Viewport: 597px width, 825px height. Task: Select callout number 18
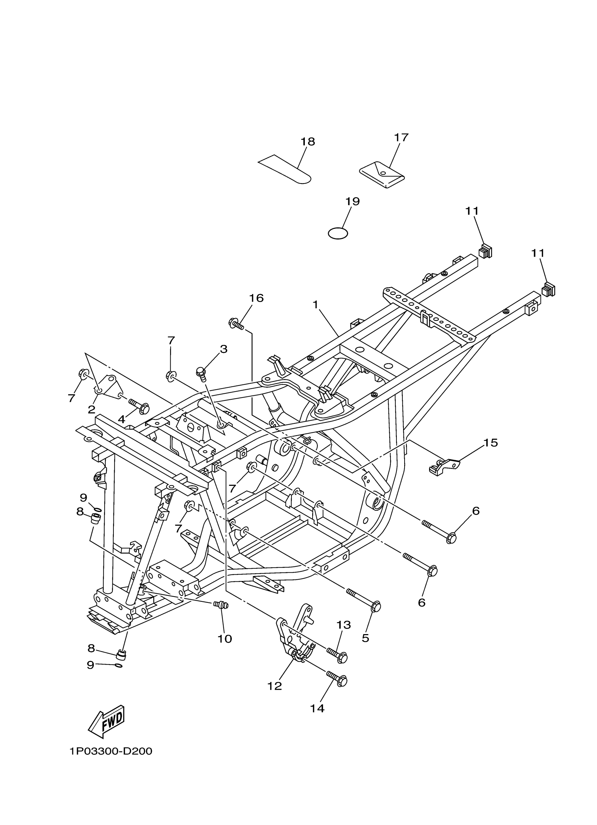pos(308,142)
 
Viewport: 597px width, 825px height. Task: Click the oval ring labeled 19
pos(338,233)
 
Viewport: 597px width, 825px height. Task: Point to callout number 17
pos(401,137)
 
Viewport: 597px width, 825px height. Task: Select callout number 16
pos(256,298)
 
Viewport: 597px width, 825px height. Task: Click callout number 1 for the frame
pos(315,304)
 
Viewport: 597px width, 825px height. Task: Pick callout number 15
pos(490,443)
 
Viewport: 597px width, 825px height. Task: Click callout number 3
pos(223,349)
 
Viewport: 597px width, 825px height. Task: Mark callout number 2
pos(91,410)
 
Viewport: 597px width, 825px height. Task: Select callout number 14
pos(317,708)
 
